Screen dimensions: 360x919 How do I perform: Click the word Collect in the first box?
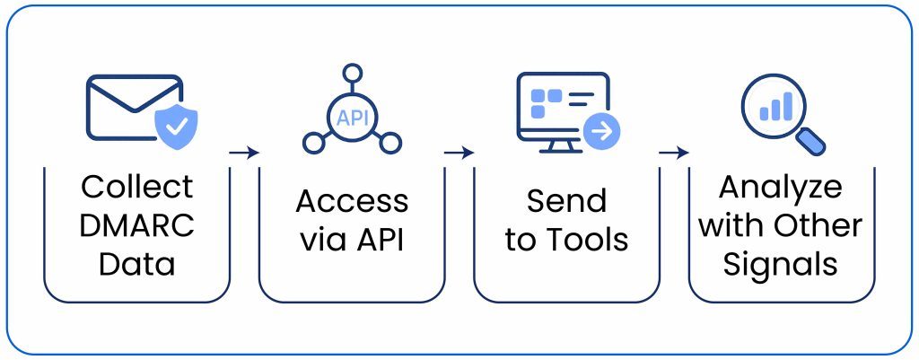coord(136,187)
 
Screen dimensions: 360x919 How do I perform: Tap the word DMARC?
coord(136,225)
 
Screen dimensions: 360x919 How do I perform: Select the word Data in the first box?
coord(136,264)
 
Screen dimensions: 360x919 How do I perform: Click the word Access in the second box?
coord(352,201)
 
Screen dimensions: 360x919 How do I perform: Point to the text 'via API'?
coord(352,240)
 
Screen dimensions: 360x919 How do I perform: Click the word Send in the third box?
coord(566,201)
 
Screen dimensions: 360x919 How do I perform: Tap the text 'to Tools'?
coord(566,240)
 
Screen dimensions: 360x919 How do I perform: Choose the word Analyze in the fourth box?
coord(781,187)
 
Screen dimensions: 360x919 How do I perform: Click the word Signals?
coord(781,264)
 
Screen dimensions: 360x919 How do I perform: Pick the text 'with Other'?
coord(781,225)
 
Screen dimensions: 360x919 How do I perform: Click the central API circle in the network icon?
coord(352,116)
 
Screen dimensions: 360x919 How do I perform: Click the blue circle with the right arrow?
coord(601,131)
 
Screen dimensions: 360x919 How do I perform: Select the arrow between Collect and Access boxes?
coord(244,153)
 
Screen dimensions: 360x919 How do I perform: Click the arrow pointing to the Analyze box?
coord(673,153)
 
